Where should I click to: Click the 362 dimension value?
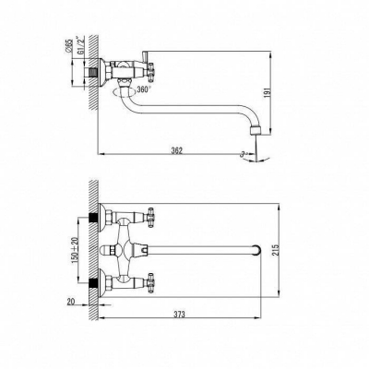177,150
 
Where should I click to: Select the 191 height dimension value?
267,92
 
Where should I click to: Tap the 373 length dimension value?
179,315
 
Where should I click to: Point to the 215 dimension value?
275,250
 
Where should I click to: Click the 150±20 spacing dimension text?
76,249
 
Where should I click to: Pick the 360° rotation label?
144,89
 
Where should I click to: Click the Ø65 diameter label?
68,45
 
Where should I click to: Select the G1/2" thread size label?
81,45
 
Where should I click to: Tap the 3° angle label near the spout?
244,154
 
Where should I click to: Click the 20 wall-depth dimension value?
71,302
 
